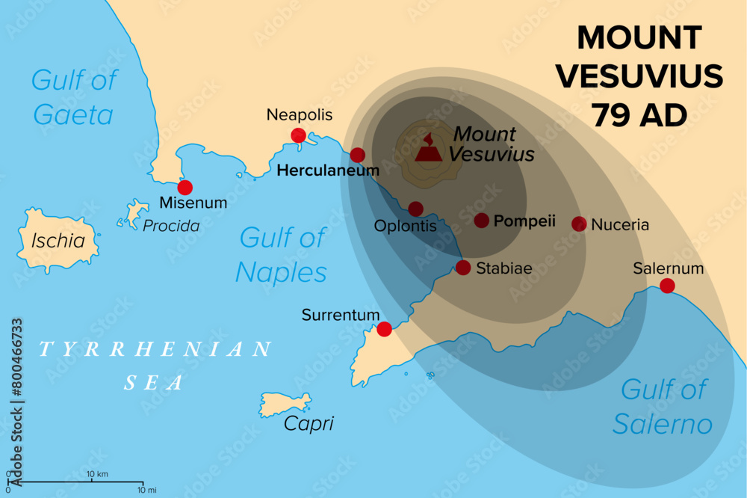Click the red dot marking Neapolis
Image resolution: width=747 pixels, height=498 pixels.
298,135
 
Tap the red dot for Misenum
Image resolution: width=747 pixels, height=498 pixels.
185,188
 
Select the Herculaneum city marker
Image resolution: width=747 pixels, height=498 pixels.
358,155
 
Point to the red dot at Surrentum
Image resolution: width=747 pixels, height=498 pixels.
384,329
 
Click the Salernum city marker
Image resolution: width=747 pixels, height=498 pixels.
667,285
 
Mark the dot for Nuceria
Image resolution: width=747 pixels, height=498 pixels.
579,224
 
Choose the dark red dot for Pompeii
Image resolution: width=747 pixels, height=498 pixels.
482,221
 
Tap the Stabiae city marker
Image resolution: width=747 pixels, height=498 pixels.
463,268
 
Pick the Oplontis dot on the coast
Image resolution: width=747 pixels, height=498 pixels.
416,209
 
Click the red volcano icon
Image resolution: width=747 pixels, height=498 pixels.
428,150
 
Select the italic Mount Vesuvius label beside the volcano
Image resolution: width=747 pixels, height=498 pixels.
491,144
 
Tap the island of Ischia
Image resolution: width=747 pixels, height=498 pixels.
57,239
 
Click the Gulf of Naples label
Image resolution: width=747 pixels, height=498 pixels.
282,255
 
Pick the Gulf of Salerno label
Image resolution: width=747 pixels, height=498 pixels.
662,407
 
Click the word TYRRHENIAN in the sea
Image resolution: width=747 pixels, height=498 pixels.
155,349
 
